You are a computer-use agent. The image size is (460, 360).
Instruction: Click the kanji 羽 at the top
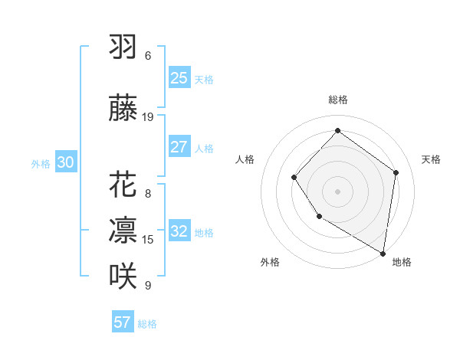tap(123, 47)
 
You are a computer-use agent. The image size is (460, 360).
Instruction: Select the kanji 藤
tap(123, 110)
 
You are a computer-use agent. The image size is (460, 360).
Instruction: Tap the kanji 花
tap(123, 186)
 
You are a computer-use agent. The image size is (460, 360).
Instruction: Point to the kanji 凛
tap(123, 231)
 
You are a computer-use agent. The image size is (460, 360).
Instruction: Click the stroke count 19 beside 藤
tap(148, 117)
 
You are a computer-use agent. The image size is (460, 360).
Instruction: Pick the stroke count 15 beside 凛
tap(148, 239)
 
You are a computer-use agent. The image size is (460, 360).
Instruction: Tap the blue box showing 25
tap(179, 78)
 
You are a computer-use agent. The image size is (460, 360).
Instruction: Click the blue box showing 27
tap(179, 147)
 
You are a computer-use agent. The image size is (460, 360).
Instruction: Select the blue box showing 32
tap(179, 231)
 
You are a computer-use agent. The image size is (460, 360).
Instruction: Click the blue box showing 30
tap(65, 162)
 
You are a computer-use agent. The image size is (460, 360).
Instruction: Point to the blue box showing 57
tap(122, 322)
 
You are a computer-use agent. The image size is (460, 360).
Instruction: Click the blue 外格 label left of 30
tap(41, 163)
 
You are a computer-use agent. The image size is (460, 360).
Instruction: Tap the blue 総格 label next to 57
tap(147, 324)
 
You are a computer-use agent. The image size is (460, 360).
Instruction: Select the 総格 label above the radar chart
tap(337, 100)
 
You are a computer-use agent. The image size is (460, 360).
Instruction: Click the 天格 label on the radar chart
tap(431, 159)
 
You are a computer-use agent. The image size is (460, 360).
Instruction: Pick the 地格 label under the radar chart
tap(402, 262)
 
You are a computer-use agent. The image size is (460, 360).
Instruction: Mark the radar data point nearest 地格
tap(383, 254)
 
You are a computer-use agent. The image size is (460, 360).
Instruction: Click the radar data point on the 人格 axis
tap(294, 178)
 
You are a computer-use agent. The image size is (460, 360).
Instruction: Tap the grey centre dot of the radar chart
tap(337, 191)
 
